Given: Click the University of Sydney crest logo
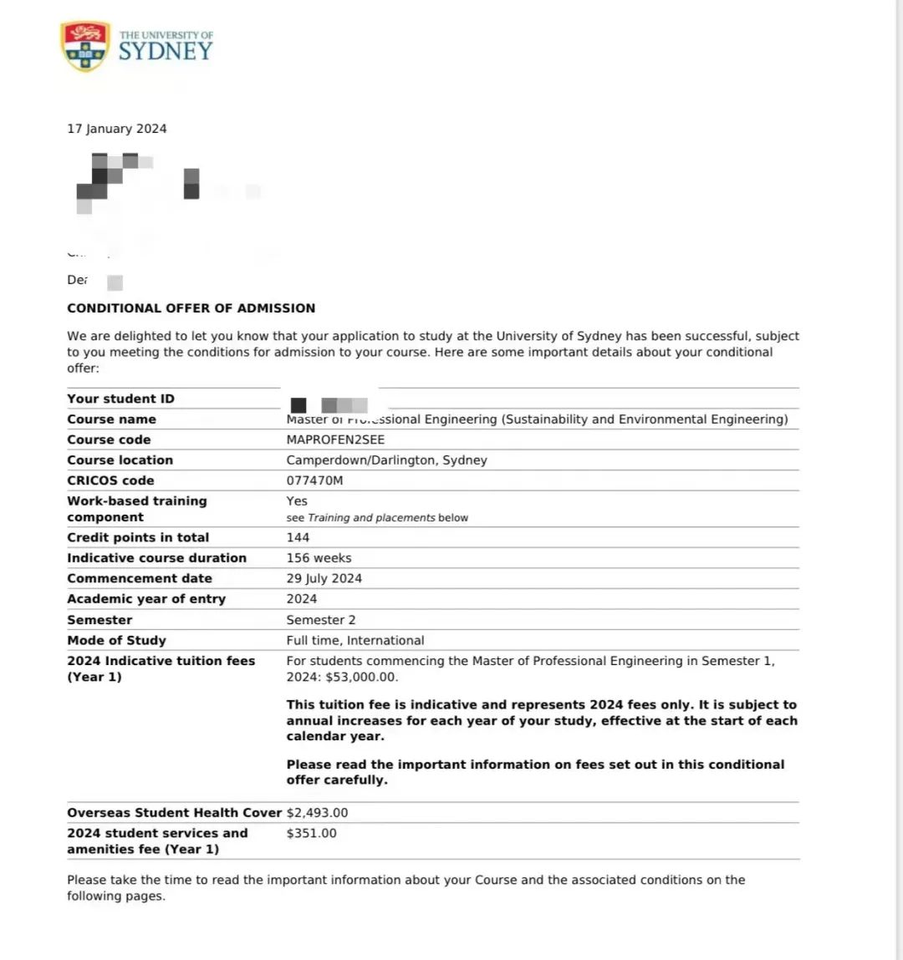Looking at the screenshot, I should tap(85, 47).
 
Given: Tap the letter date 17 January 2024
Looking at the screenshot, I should tap(117, 129).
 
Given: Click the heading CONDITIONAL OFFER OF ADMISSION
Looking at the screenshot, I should tap(191, 307).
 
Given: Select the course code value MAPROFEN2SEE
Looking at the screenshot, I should tap(335, 439).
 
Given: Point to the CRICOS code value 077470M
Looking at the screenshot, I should tap(314, 480).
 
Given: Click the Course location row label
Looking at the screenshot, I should tap(120, 460).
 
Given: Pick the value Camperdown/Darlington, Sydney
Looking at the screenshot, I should tap(386, 460).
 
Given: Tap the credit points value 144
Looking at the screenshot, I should tap(298, 537).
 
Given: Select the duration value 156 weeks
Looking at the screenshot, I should tap(319, 557).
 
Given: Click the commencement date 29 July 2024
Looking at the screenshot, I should tap(324, 578).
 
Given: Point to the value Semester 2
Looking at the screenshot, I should tap(321, 620).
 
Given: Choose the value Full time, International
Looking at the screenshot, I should tap(355, 640).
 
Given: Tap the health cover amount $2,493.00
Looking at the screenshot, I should tap(317, 812).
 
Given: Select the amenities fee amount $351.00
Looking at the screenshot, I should tap(311, 833).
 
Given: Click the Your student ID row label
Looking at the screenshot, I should tap(121, 399).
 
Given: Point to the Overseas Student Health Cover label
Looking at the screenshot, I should tap(175, 812).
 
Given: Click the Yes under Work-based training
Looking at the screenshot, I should tap(297, 500).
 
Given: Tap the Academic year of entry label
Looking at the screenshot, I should tap(146, 598).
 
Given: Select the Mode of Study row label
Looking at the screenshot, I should tap(117, 640).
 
